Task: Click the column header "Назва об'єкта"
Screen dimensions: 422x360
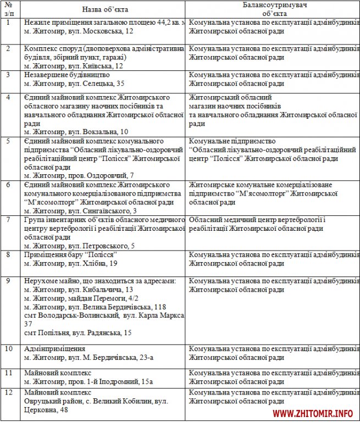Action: click(x=103, y=9)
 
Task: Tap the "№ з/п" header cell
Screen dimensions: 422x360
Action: click(x=8, y=9)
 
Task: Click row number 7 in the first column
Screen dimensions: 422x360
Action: click(x=8, y=220)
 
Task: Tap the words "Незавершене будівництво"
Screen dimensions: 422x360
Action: click(x=67, y=75)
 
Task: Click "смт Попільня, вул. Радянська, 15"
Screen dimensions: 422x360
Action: click(x=78, y=332)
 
